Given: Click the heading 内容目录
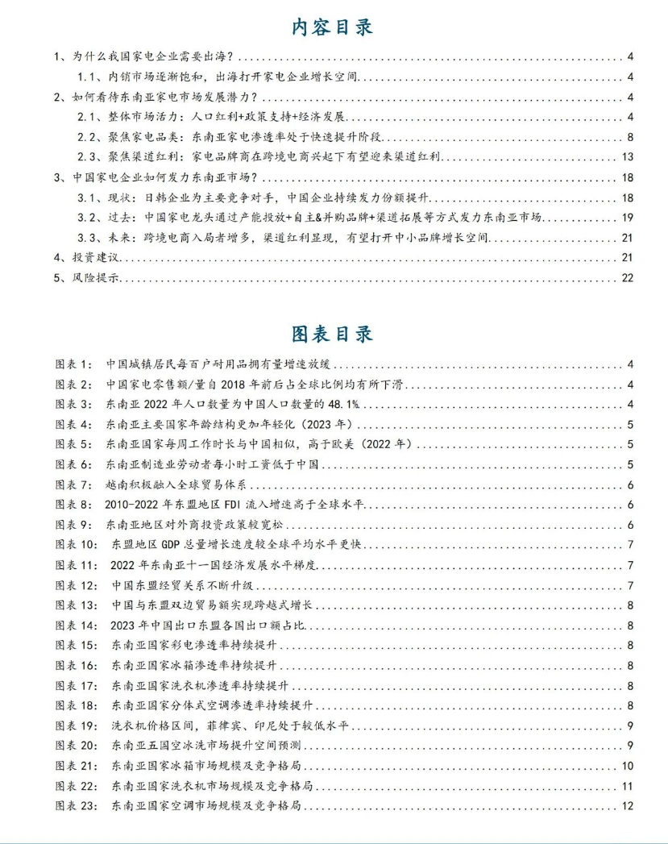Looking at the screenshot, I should (x=333, y=27).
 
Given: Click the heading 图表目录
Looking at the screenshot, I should (x=333, y=333).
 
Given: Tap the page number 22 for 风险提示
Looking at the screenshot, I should (x=628, y=277).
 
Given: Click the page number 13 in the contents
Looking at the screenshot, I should (x=628, y=156).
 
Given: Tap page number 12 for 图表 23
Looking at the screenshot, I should (x=628, y=806).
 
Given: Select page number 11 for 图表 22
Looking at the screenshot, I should (x=628, y=786).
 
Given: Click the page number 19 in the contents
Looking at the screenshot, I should (x=628, y=218).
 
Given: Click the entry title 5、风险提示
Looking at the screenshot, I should (x=86, y=277).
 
